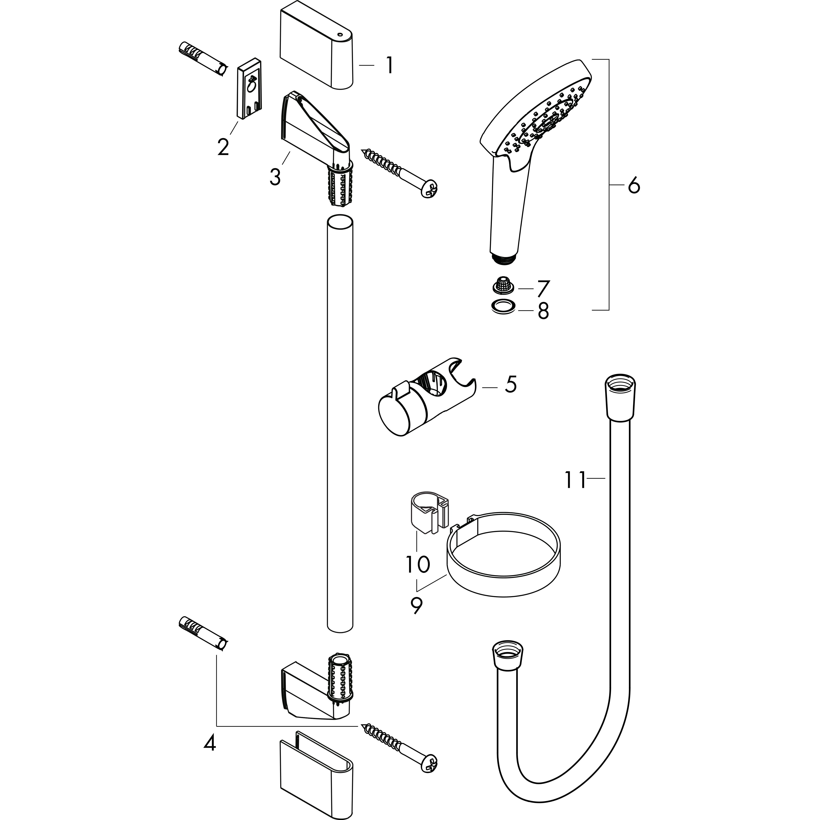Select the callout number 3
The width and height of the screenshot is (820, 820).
275,177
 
